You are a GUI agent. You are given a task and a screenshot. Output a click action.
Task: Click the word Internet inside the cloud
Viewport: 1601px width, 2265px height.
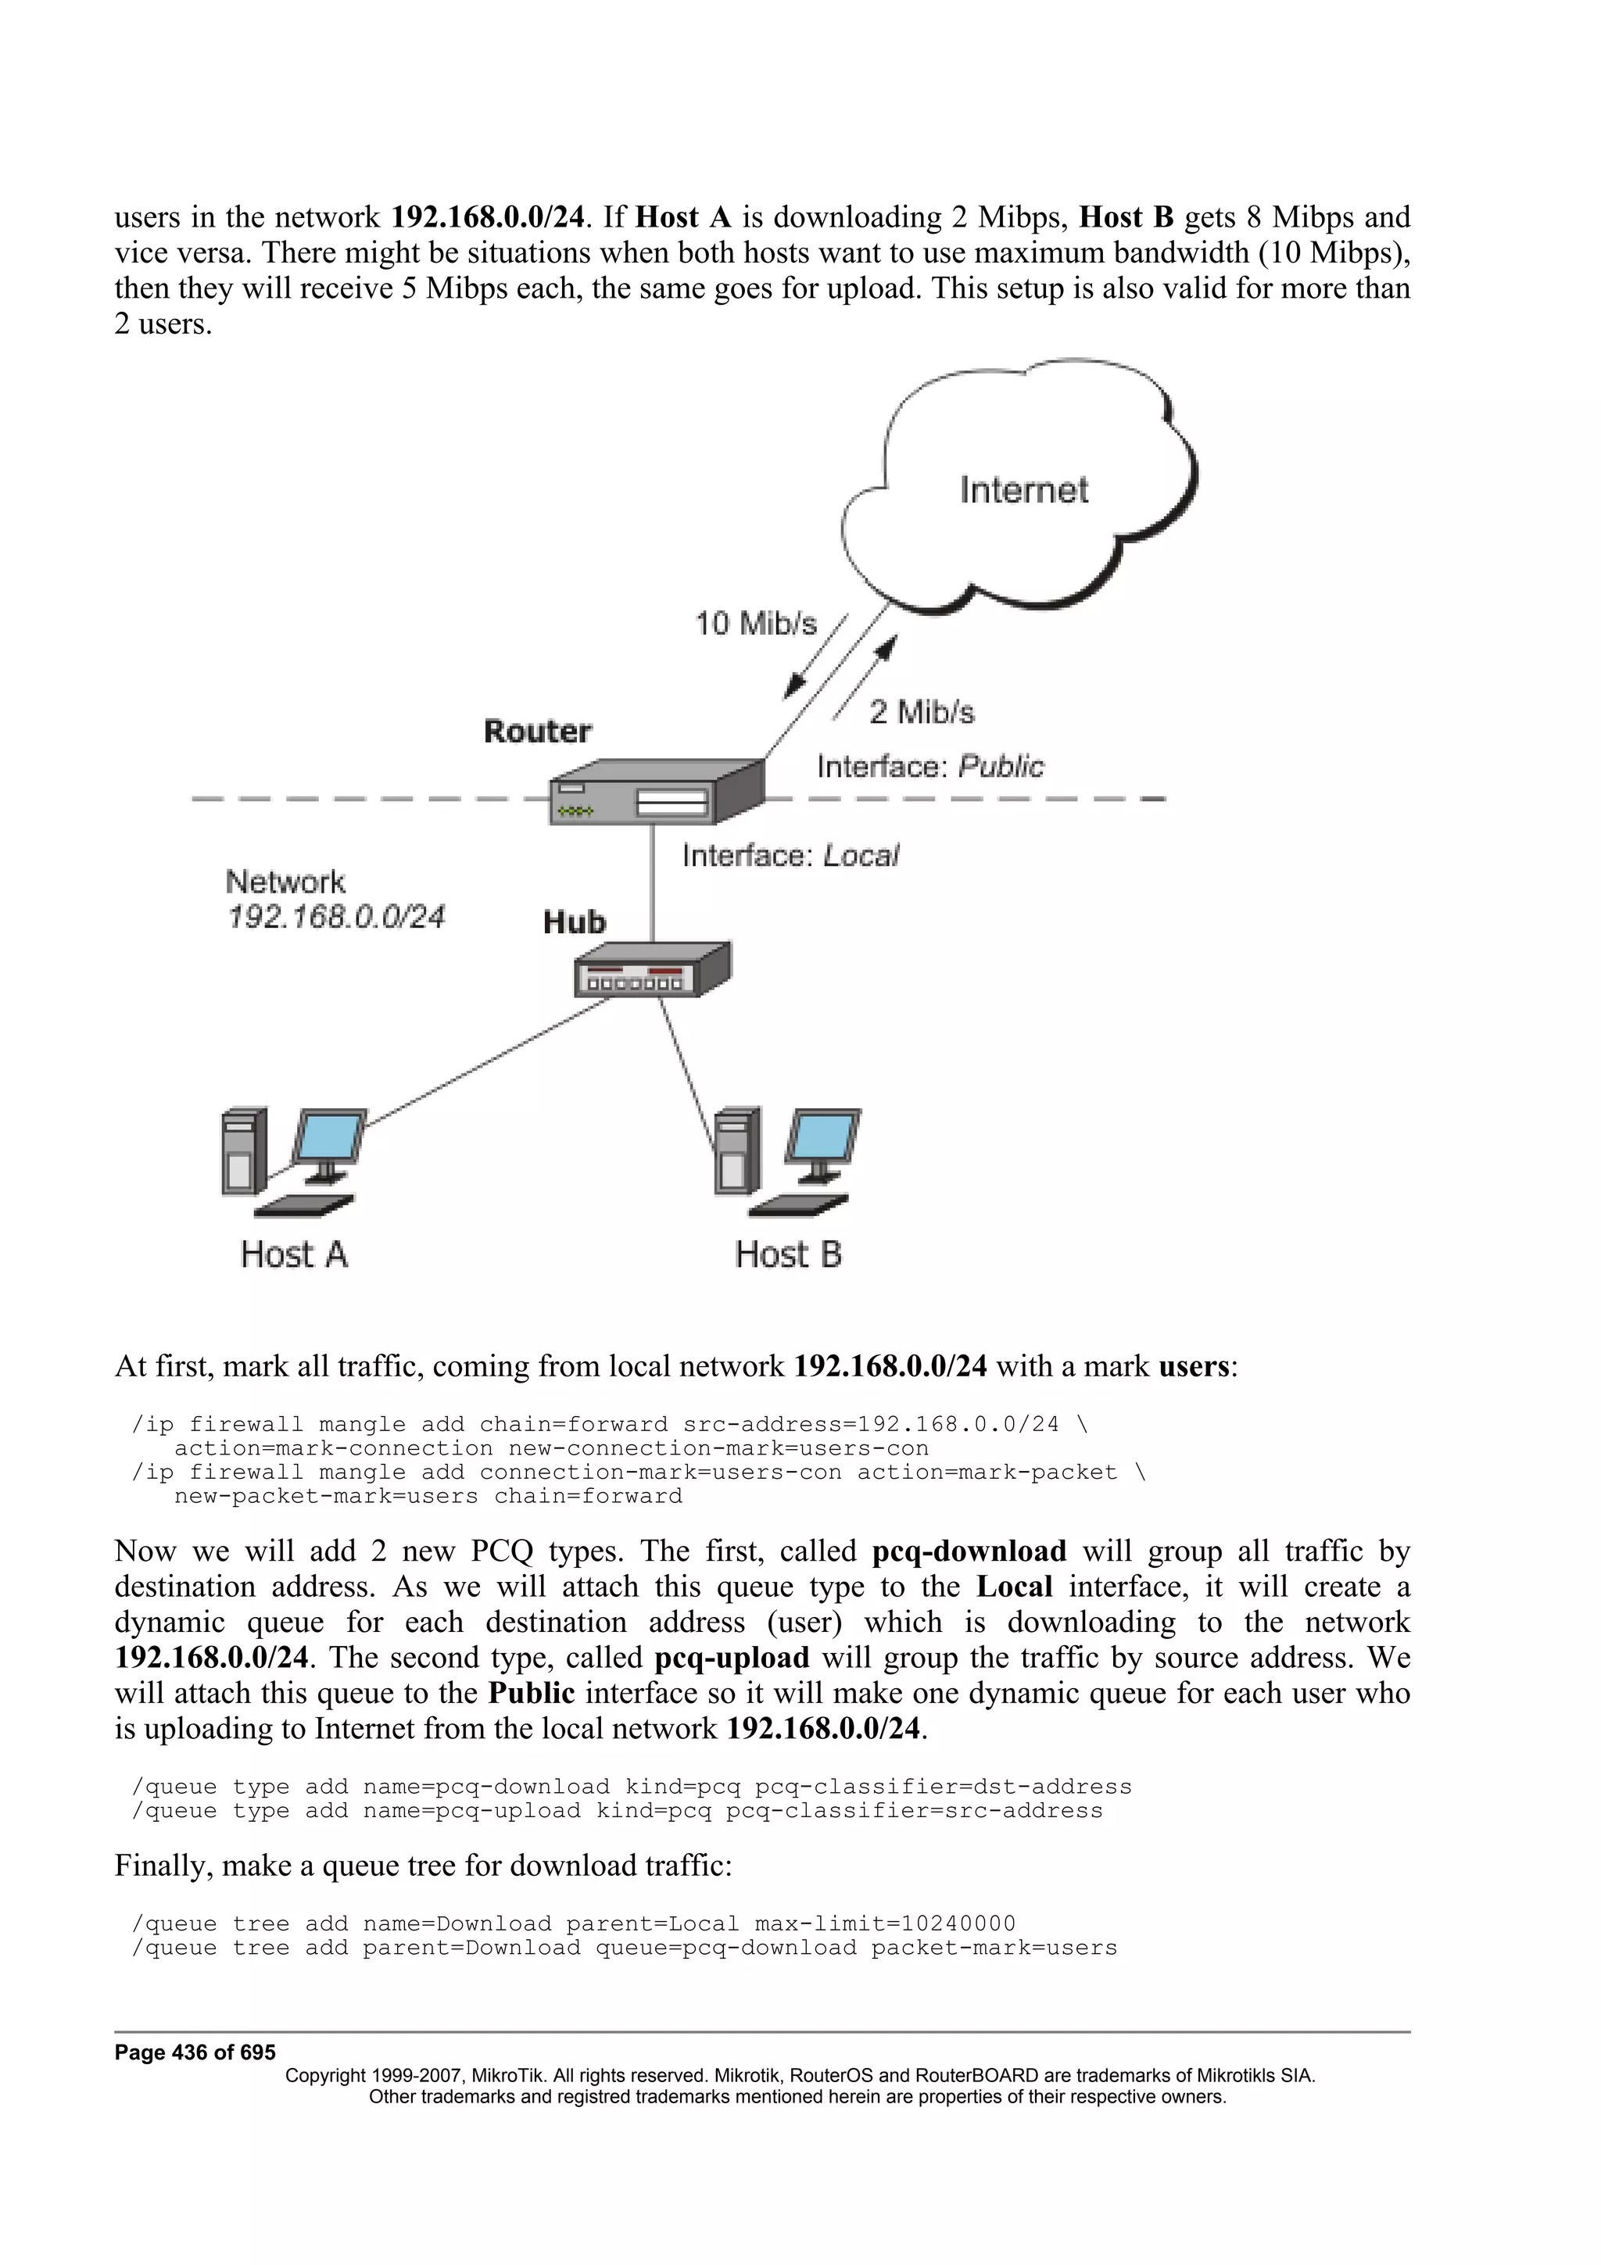coord(1023,490)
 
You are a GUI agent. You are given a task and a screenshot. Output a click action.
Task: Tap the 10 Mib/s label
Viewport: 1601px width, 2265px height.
coord(756,624)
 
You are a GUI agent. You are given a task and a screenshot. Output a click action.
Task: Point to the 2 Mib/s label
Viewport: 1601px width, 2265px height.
coord(922,712)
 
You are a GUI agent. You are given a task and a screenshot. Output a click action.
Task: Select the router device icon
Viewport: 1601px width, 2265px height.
coord(656,791)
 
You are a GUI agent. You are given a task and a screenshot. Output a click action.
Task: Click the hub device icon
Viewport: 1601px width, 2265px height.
coord(652,971)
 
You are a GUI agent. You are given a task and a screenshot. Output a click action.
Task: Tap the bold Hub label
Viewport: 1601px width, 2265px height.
coord(574,922)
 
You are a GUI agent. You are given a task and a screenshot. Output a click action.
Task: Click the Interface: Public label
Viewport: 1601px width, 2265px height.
coord(929,767)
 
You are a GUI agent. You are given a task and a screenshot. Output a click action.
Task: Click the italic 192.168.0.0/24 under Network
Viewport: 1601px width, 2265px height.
coord(336,918)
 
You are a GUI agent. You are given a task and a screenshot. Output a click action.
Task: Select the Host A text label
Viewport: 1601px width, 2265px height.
coord(294,1255)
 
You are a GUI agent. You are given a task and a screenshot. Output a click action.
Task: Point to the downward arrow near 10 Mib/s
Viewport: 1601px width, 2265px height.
coord(815,657)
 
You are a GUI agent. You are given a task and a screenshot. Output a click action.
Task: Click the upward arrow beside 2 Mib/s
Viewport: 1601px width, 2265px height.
coord(866,678)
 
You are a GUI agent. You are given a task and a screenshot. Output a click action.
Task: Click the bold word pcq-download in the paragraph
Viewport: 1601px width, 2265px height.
coord(969,1551)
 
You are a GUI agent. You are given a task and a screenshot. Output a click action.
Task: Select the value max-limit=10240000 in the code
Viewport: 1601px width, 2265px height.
coord(884,1923)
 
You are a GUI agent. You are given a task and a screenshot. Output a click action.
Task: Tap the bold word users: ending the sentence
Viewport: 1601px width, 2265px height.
coord(1198,1366)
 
